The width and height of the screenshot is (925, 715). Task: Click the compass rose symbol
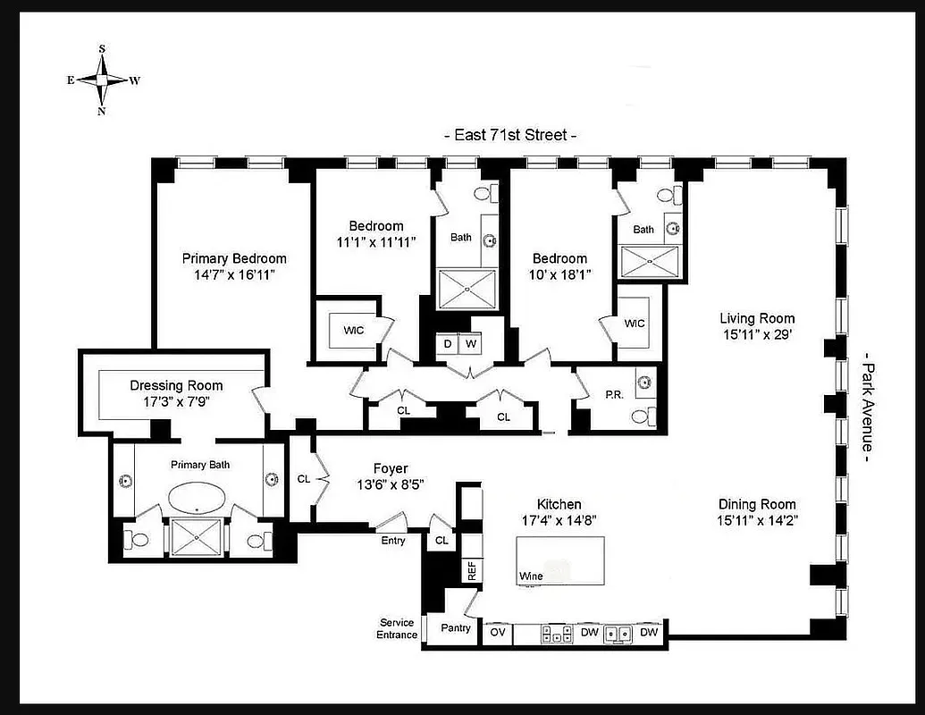tap(102, 80)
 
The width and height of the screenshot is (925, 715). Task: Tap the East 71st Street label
tap(509, 135)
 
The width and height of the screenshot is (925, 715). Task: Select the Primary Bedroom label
tap(234, 258)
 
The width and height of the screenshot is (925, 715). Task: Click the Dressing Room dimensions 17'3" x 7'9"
tap(176, 402)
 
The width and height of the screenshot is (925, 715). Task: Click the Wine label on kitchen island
tap(531, 576)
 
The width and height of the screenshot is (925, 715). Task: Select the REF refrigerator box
tap(470, 570)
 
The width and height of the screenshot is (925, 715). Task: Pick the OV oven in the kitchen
tap(497, 632)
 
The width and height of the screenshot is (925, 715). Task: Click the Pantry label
tap(456, 628)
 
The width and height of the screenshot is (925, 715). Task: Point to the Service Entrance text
tap(397, 628)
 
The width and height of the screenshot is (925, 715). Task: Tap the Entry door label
tap(392, 541)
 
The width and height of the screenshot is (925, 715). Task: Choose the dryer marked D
tap(446, 344)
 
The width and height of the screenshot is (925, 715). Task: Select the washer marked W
tap(471, 344)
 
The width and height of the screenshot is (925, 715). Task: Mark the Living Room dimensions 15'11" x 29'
tap(757, 334)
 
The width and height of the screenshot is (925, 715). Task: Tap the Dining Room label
tap(756, 504)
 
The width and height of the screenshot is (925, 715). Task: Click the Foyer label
tap(391, 468)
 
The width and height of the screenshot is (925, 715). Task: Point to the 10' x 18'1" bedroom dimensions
tap(560, 274)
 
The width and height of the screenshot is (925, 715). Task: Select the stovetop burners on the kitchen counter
tap(556, 633)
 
